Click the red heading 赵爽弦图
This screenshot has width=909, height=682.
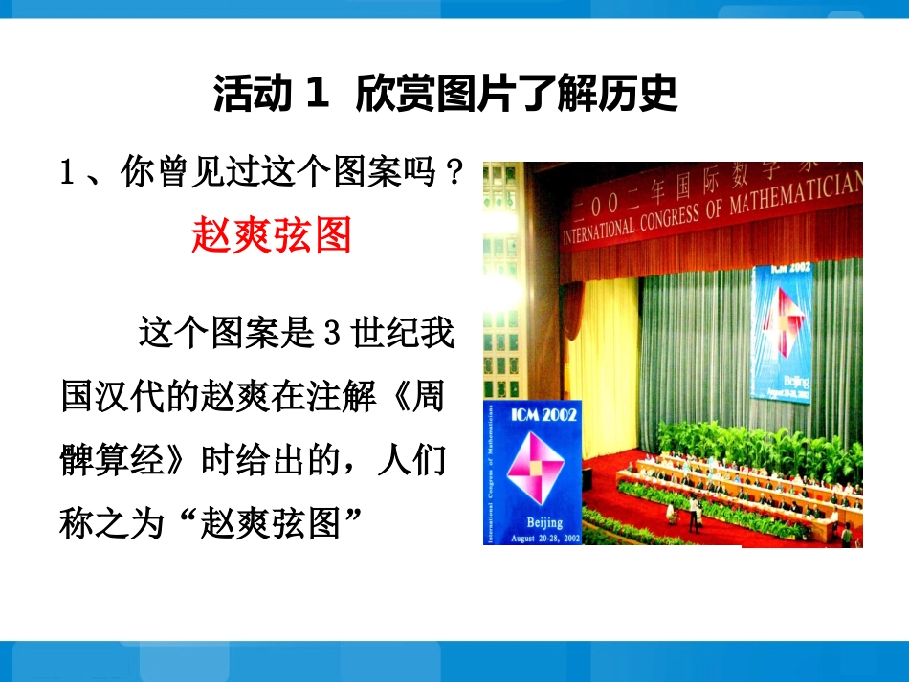tap(273, 233)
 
